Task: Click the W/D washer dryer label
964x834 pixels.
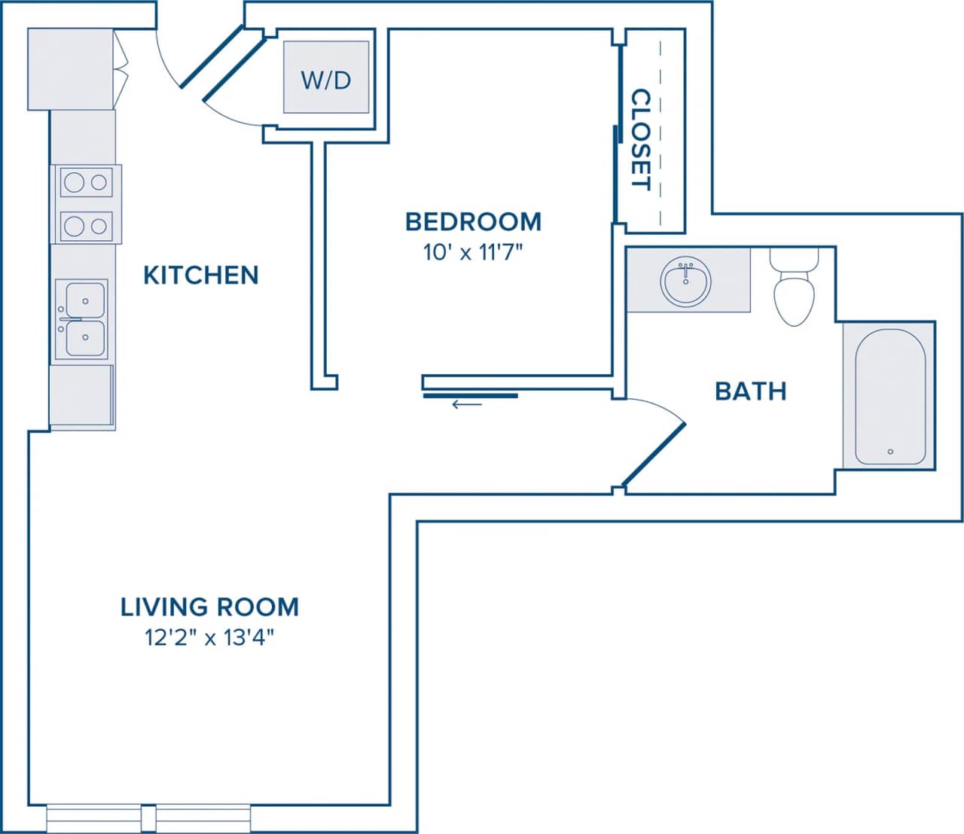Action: [325, 79]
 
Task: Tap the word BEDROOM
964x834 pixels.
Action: [473, 221]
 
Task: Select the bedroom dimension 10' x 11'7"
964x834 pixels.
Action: [473, 252]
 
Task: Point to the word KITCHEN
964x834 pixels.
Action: [200, 275]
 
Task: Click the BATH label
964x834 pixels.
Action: [750, 391]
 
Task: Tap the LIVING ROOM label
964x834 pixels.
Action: [209, 607]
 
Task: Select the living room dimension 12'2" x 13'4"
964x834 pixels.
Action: [209, 638]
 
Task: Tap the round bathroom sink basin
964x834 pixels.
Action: [685, 282]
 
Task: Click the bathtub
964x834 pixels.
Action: [889, 396]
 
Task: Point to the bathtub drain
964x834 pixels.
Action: [890, 452]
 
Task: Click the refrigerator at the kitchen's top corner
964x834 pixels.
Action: [70, 69]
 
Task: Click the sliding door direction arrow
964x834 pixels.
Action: [467, 405]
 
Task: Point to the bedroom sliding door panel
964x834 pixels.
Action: [471, 395]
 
